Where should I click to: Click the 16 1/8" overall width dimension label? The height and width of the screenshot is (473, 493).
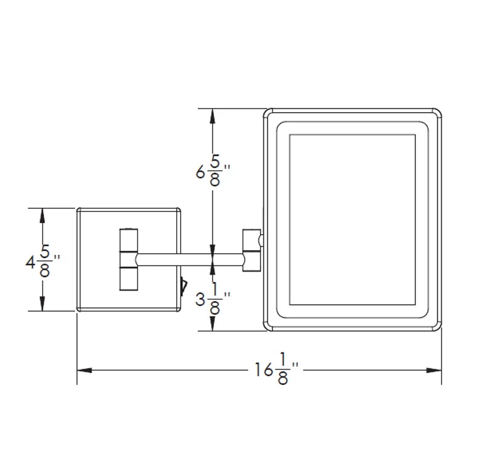(276, 369)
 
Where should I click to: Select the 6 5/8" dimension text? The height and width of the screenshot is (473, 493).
(213, 171)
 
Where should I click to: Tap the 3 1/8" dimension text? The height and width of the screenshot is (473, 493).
(213, 299)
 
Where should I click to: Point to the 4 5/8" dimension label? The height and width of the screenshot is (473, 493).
(43, 261)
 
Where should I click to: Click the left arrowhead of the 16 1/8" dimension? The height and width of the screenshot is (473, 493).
(84, 370)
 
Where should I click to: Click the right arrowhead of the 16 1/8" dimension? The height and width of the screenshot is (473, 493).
(434, 370)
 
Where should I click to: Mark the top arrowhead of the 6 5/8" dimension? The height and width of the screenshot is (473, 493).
(213, 116)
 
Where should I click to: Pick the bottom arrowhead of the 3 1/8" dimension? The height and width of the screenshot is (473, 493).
(213, 323)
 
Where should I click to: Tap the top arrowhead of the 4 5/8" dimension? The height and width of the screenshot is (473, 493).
(43, 216)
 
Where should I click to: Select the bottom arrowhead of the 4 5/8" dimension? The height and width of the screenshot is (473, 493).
(43, 304)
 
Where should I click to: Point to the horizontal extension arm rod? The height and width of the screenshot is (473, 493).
(190, 260)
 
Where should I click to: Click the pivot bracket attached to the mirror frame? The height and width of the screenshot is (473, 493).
(251, 251)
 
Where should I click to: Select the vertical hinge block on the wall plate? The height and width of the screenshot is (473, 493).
(129, 260)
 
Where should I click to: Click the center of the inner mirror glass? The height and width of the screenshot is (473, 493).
(352, 220)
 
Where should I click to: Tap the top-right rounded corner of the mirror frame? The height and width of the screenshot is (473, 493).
(438, 113)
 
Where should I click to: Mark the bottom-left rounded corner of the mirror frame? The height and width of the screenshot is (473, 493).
(267, 326)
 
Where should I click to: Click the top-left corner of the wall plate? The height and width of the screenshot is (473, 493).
(78, 209)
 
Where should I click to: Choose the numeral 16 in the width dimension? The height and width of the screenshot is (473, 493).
(264, 370)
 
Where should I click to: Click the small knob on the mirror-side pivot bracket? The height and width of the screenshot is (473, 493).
(261, 240)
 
